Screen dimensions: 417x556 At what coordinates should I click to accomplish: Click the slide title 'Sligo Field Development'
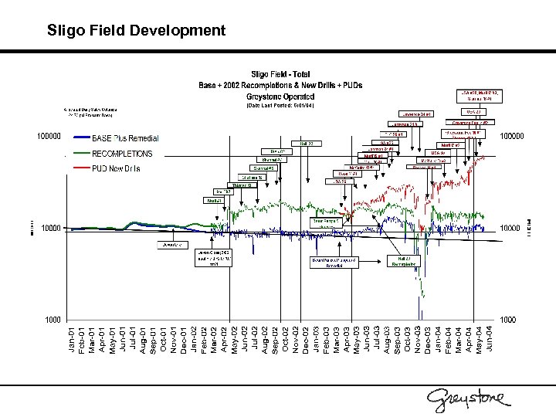(x=136, y=31)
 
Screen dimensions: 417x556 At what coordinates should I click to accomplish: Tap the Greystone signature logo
(x=469, y=398)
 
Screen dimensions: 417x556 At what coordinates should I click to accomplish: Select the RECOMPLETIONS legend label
(x=122, y=154)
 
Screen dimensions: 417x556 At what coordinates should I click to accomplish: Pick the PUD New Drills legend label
(x=116, y=168)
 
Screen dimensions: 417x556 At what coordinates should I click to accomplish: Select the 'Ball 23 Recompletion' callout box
(x=405, y=261)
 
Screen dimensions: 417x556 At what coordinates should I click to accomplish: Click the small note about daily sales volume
(x=88, y=114)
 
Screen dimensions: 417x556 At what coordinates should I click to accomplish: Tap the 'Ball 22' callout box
(x=306, y=143)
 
